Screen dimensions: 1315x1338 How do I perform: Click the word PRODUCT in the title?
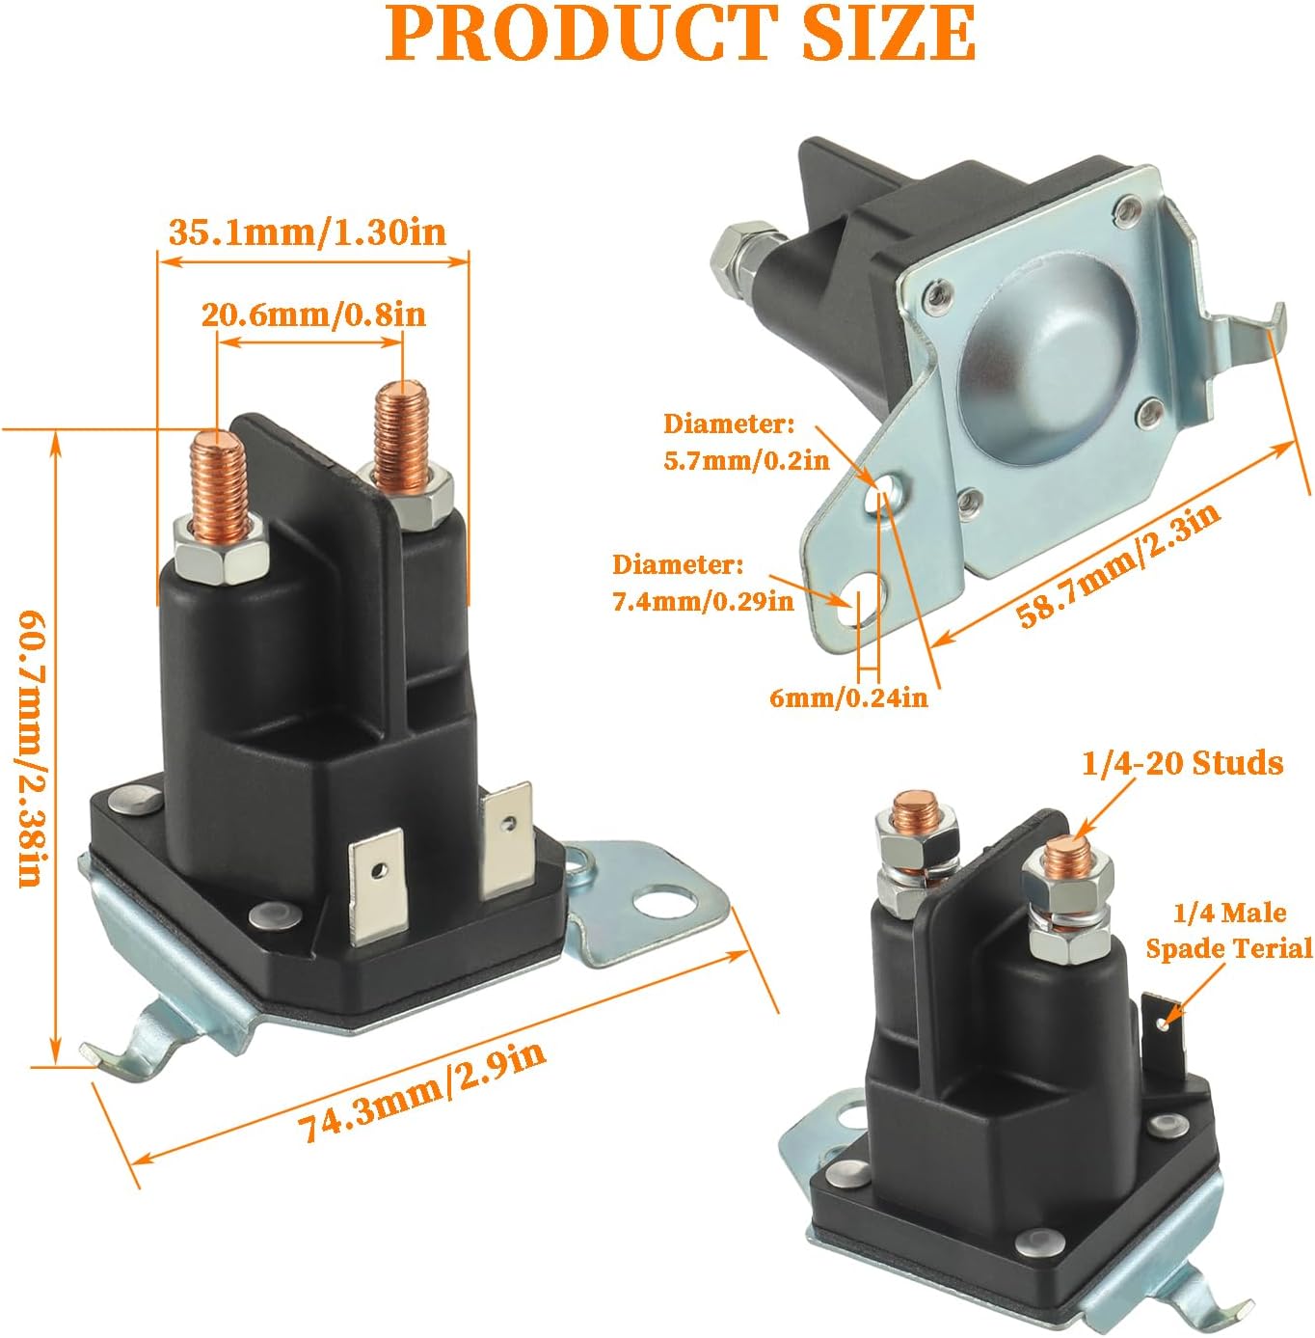[579, 33]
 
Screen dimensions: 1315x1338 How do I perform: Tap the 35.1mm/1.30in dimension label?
[308, 232]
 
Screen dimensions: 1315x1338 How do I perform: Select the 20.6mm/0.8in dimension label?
[313, 315]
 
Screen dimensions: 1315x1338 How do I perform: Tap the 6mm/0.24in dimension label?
[848, 697]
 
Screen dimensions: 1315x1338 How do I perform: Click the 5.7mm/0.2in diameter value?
[746, 460]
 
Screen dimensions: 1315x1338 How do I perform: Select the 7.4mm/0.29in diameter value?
[703, 601]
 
